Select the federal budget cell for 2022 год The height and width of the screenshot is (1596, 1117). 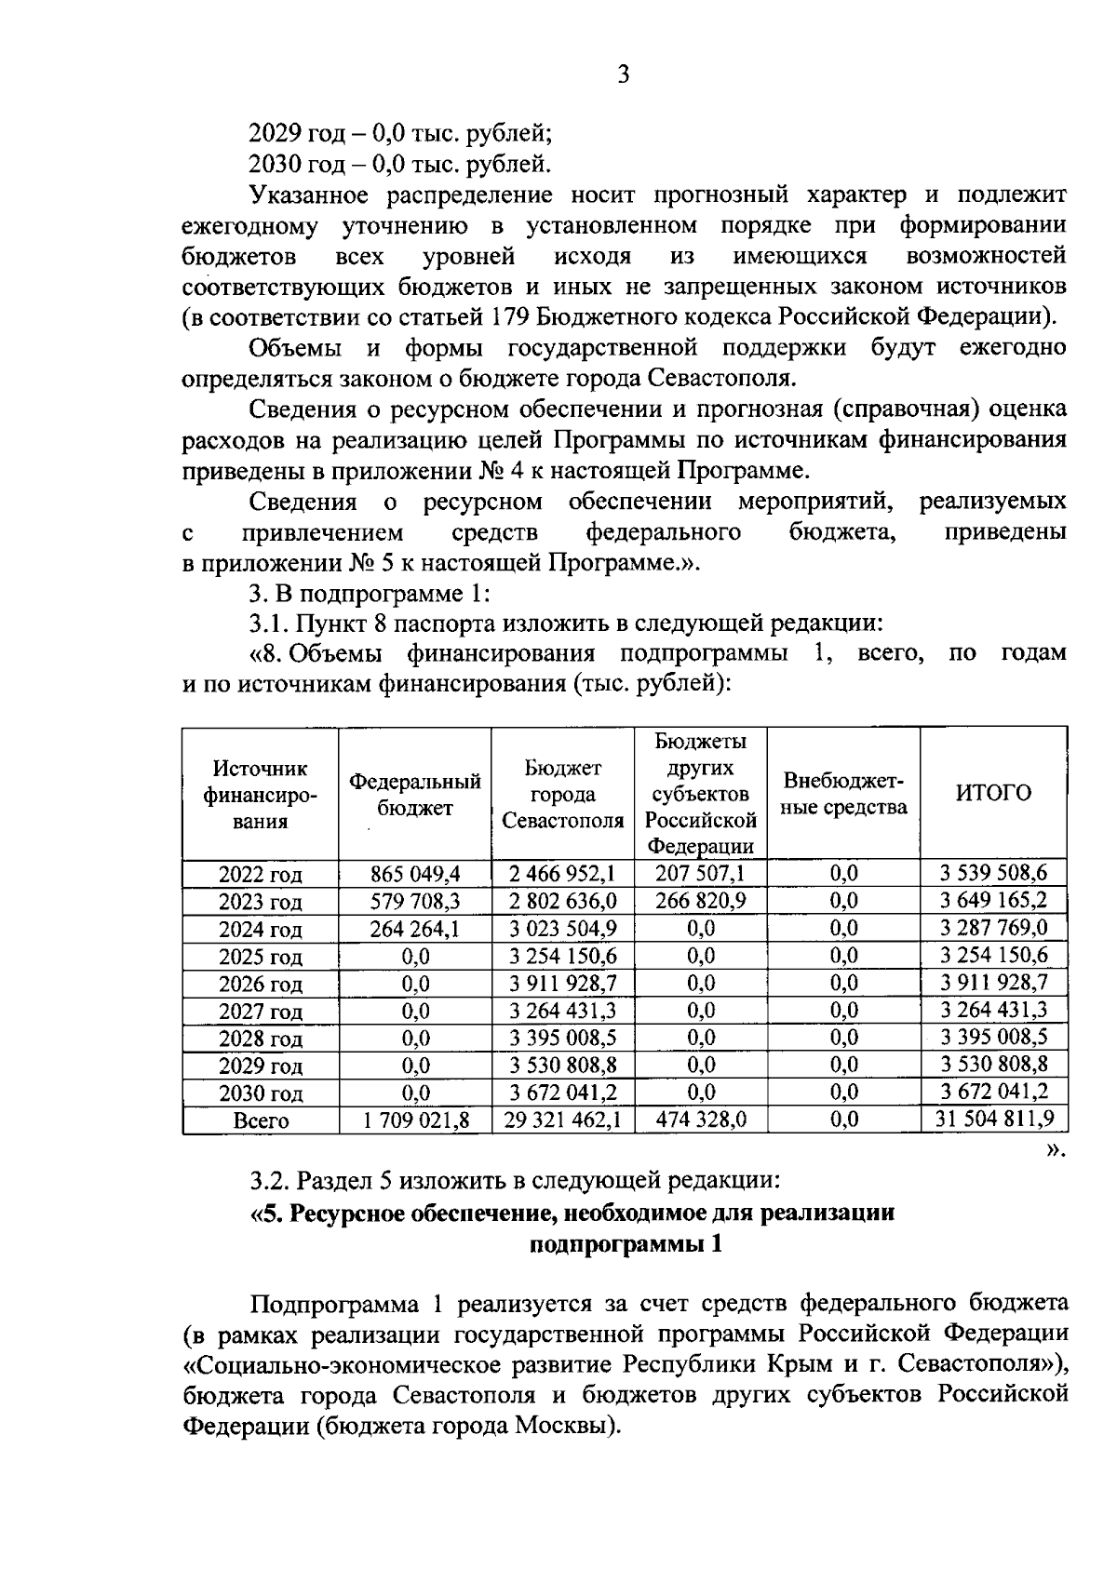415,874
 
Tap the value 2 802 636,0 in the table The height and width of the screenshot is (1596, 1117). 562,901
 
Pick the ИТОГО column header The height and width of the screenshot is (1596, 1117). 993,793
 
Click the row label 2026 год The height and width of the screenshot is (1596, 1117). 261,985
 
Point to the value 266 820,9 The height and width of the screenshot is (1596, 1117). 701,901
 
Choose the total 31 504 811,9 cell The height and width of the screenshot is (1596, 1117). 994,1119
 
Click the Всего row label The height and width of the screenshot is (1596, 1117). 261,1121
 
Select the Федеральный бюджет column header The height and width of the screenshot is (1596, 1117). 415,795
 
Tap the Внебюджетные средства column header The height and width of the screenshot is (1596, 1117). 843,794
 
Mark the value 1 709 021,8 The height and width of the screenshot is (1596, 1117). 415,1120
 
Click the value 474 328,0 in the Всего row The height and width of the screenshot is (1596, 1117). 701,1120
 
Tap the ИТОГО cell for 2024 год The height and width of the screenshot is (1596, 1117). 993,928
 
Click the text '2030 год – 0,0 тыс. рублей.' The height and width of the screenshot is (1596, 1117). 400,165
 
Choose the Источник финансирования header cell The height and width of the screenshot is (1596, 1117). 261,795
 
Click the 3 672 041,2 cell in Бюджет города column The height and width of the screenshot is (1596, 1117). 562,1093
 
